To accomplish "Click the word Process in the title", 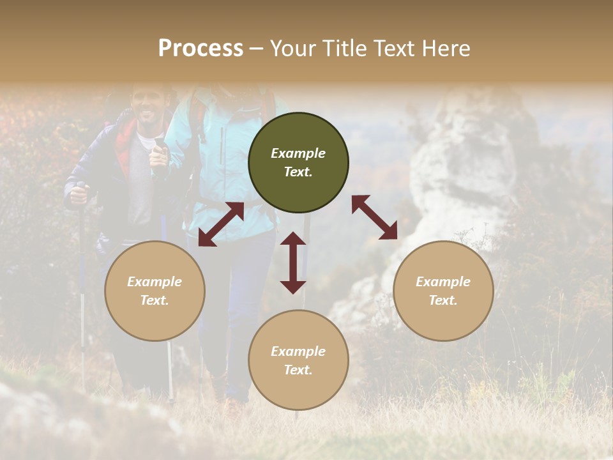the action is [x=201, y=49].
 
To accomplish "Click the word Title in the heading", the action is [x=343, y=49].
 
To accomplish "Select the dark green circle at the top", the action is [x=298, y=162].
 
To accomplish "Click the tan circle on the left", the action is [x=155, y=291].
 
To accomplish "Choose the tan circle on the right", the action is [x=443, y=291].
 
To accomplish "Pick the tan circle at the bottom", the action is [x=298, y=360].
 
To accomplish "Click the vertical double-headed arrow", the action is [x=293, y=263].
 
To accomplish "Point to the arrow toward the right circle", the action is [x=374, y=217].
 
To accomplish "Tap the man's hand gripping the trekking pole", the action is [x=78, y=195].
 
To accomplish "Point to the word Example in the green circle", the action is [x=298, y=153].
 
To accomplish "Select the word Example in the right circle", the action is [x=443, y=282].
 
